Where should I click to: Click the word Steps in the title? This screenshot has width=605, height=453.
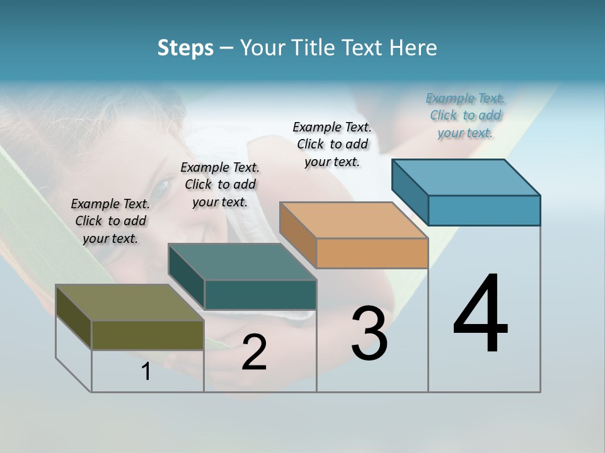click(x=185, y=48)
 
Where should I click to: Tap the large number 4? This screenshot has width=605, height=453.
click(x=480, y=314)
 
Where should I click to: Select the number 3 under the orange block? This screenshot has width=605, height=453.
click(x=369, y=333)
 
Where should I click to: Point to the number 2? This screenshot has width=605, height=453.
click(x=254, y=352)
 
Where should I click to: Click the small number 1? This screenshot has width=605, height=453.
click(x=146, y=372)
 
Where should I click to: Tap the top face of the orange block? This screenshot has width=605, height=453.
click(x=354, y=220)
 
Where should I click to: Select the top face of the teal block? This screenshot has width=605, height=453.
click(x=242, y=262)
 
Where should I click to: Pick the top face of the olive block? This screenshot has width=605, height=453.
click(x=130, y=303)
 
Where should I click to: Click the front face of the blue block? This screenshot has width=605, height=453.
click(x=484, y=210)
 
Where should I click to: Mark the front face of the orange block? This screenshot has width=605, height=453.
click(x=372, y=254)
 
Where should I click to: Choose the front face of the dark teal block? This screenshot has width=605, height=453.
click(x=260, y=294)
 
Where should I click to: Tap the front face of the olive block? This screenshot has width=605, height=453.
click(x=147, y=335)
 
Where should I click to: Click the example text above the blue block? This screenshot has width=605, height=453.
click(x=465, y=115)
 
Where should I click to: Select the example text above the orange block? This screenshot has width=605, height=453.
click(x=332, y=144)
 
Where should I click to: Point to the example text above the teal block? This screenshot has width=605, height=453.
click(x=220, y=184)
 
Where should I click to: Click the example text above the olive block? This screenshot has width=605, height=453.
click(x=110, y=221)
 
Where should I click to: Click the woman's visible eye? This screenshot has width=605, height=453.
click(x=161, y=187)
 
